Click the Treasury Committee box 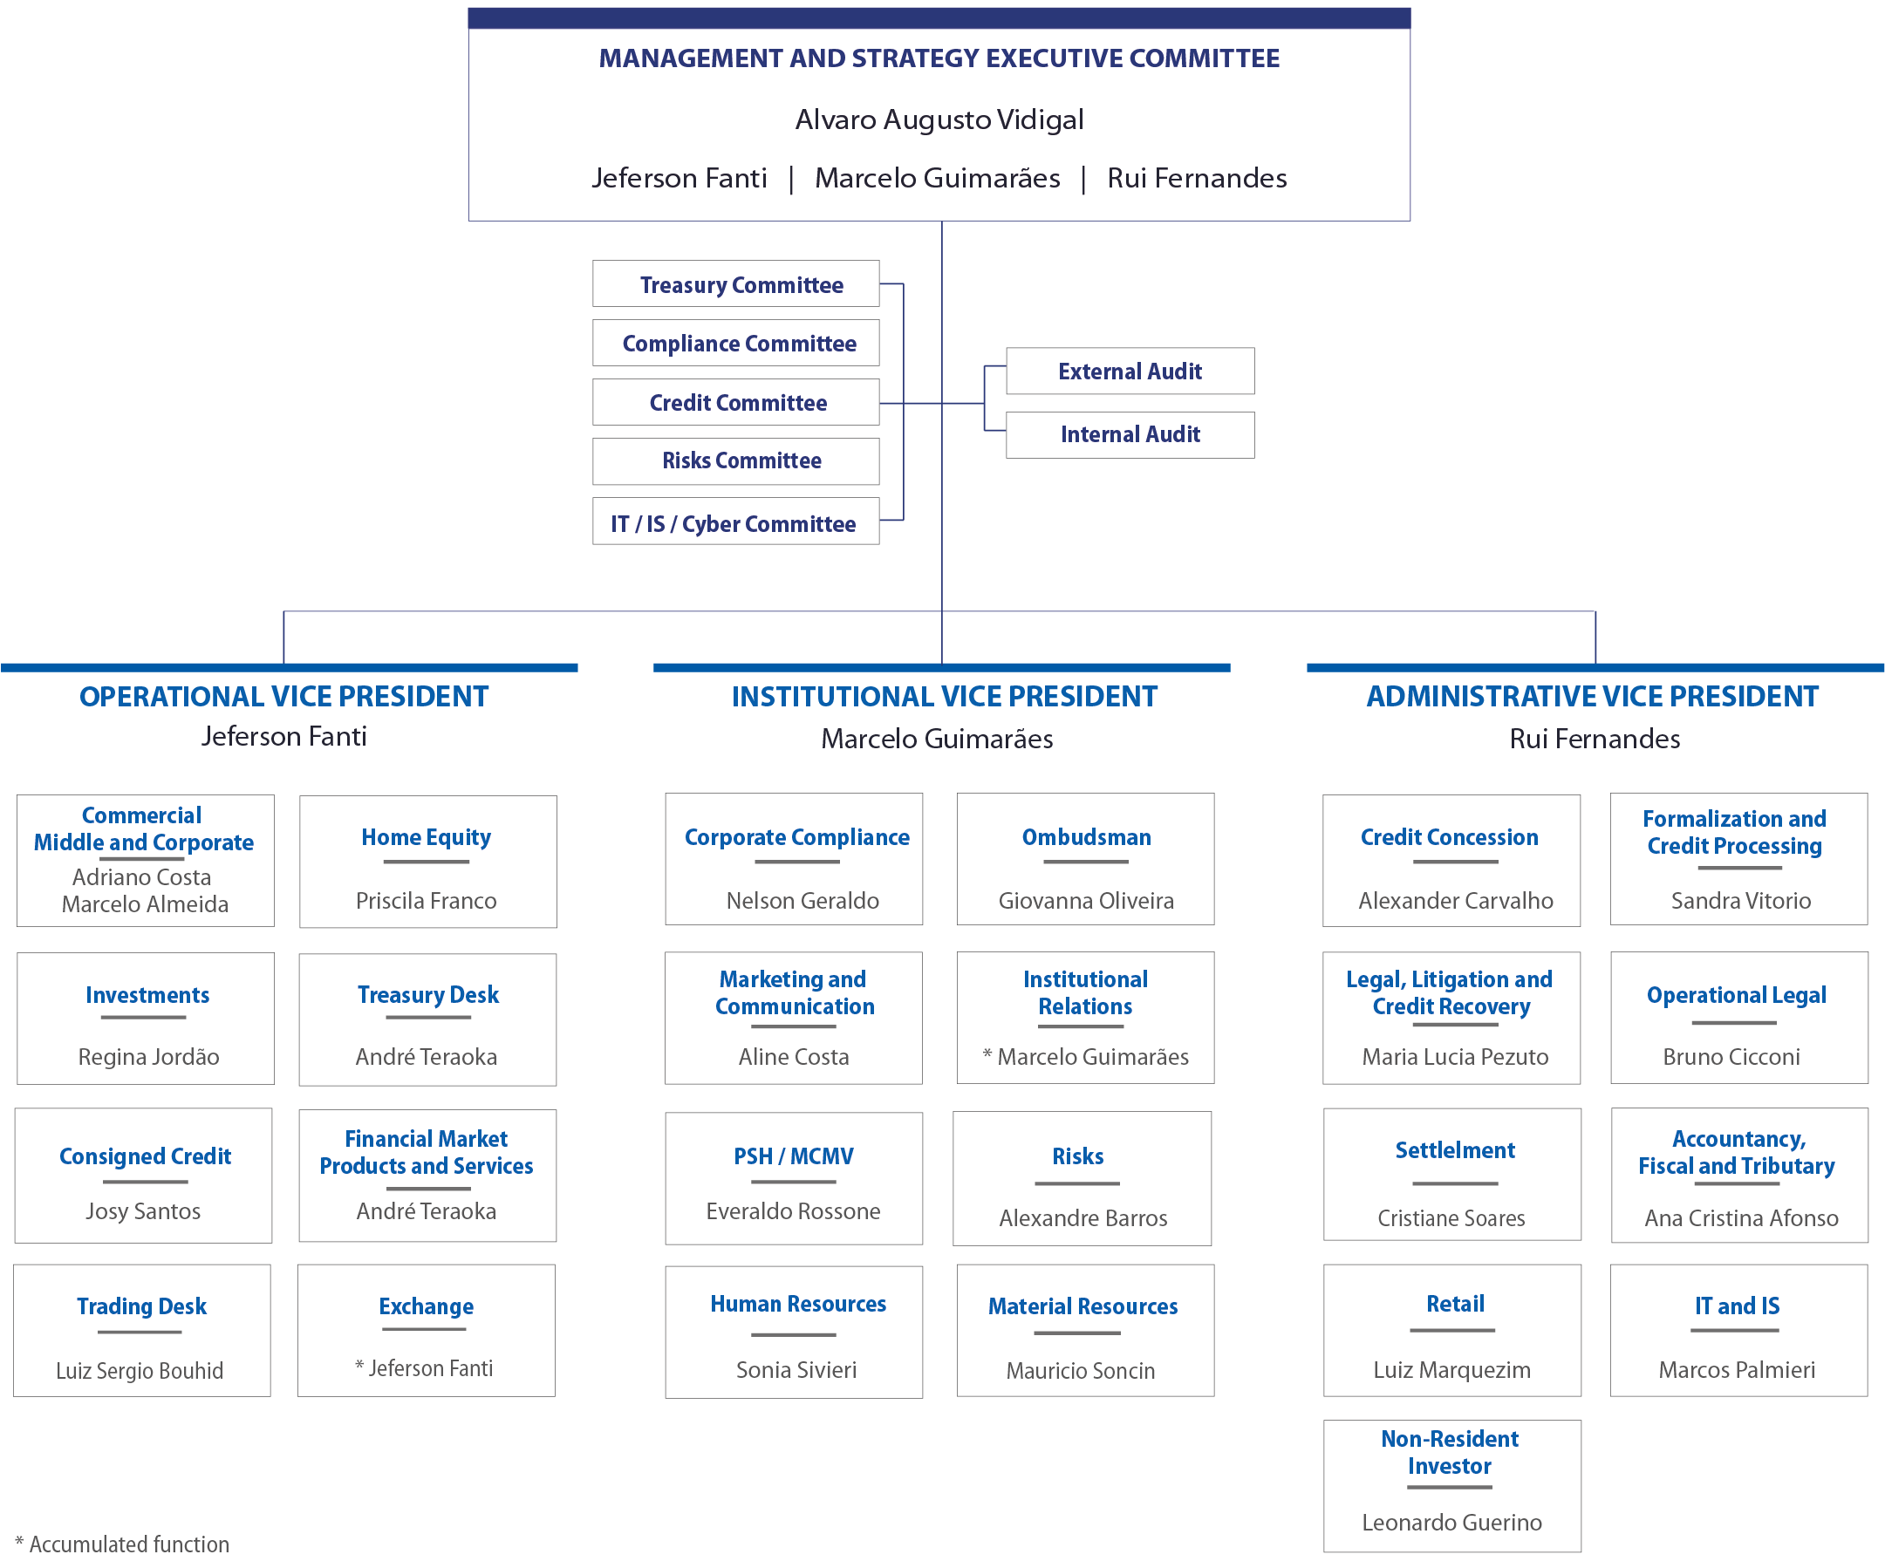point(735,283)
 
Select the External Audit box point(1130,371)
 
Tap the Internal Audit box point(1130,435)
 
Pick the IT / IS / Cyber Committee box point(735,522)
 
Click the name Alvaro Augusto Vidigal point(939,119)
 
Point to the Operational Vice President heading point(283,697)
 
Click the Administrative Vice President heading point(1593,697)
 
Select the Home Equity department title point(427,837)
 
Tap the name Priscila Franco point(427,900)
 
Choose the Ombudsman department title point(1086,837)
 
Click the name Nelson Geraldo point(802,900)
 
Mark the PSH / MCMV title point(794,1156)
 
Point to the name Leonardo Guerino point(1451,1523)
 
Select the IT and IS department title point(1737,1306)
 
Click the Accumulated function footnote point(122,1544)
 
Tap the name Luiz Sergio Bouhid point(140,1371)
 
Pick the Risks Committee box point(735,461)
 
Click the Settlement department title point(1455,1149)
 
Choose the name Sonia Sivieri point(796,1370)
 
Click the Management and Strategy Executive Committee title point(939,58)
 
